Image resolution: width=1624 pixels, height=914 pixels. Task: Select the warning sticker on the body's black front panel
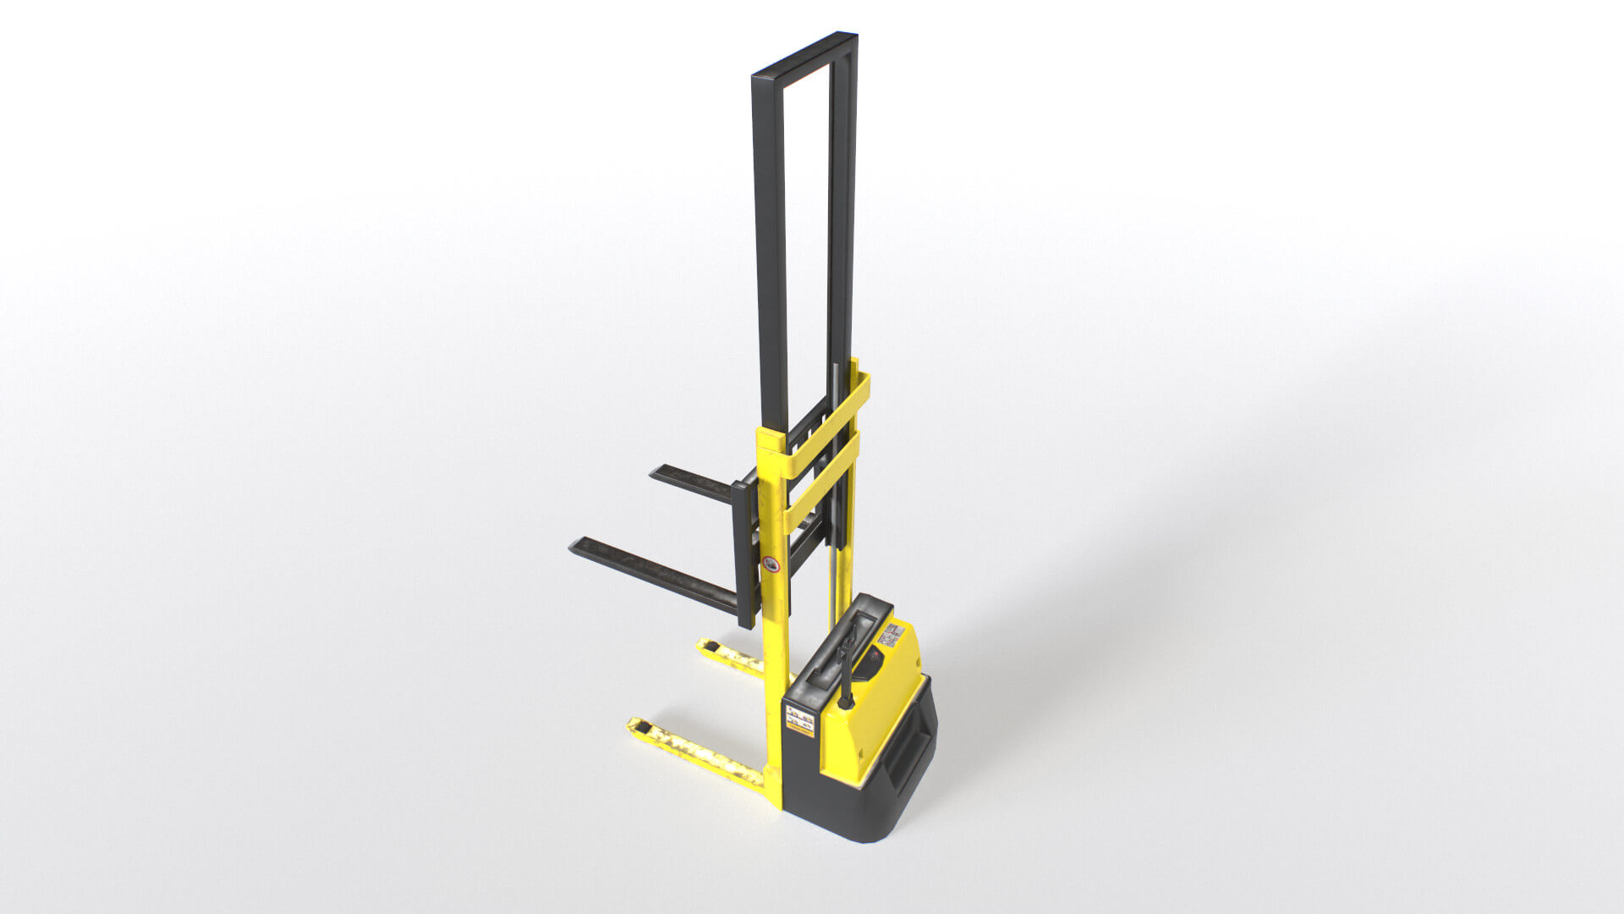799,719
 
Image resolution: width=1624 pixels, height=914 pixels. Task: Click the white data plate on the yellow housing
892,634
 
